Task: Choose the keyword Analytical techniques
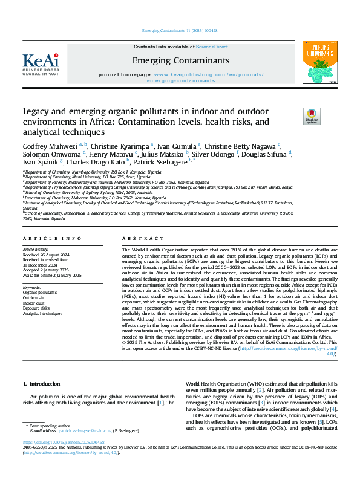(x=42, y=314)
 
